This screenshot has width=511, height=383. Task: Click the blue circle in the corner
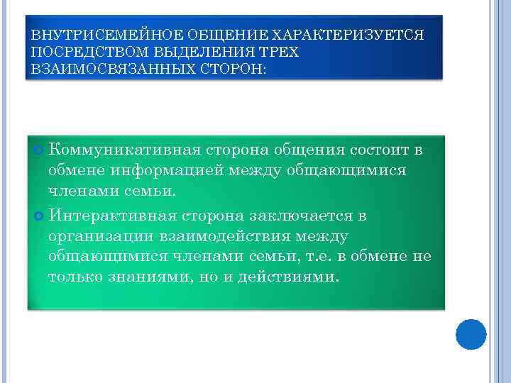point(470,334)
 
